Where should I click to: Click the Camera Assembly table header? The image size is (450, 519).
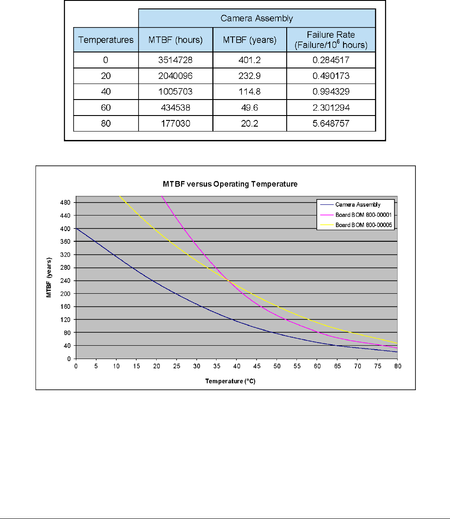pos(257,18)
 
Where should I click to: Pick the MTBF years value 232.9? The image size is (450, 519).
pos(250,76)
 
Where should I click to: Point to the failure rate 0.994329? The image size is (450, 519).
pos(331,92)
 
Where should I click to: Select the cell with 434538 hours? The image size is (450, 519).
pos(176,108)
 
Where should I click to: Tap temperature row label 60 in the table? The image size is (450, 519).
pos(106,108)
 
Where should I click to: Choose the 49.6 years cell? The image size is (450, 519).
pos(250,108)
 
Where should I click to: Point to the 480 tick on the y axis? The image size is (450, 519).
pos(65,203)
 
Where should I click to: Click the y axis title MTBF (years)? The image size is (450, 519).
pos(50,277)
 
